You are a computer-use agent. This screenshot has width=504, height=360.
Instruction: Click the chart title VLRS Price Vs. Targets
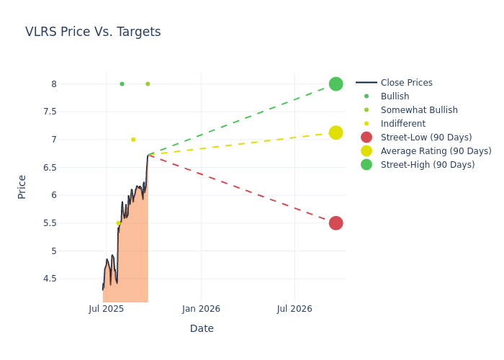coord(93,32)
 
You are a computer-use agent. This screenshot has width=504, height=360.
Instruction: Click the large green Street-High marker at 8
coord(336,84)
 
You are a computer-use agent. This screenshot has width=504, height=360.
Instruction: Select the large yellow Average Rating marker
coord(336,132)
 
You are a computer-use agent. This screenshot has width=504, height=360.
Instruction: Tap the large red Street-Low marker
coord(336,223)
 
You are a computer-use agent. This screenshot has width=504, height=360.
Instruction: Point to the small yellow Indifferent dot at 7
coord(133,140)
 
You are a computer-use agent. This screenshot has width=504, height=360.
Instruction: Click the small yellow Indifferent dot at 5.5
coord(118,223)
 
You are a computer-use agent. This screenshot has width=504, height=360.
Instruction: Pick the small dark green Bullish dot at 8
coord(122,84)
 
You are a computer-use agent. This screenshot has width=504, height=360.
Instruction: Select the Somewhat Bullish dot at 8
coord(148,84)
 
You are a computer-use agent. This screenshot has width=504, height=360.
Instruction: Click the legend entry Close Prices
coord(406,83)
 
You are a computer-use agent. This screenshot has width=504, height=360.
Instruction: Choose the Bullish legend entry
coord(395,96)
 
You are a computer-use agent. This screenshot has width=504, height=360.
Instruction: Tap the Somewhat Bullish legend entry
coord(419,110)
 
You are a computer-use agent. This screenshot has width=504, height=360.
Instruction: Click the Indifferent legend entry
coord(402,124)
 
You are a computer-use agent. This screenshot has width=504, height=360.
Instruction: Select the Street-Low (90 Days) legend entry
coord(426,138)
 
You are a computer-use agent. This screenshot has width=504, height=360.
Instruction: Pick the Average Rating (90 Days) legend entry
coord(436,151)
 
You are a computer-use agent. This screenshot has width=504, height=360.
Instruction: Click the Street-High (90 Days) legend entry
coord(428,165)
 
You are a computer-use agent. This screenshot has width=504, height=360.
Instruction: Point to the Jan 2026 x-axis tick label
coord(201,309)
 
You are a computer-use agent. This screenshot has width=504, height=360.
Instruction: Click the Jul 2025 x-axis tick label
coord(107,309)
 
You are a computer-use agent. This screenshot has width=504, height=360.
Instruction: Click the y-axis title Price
coord(22,186)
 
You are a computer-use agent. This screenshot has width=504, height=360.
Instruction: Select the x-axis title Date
coord(202,328)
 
